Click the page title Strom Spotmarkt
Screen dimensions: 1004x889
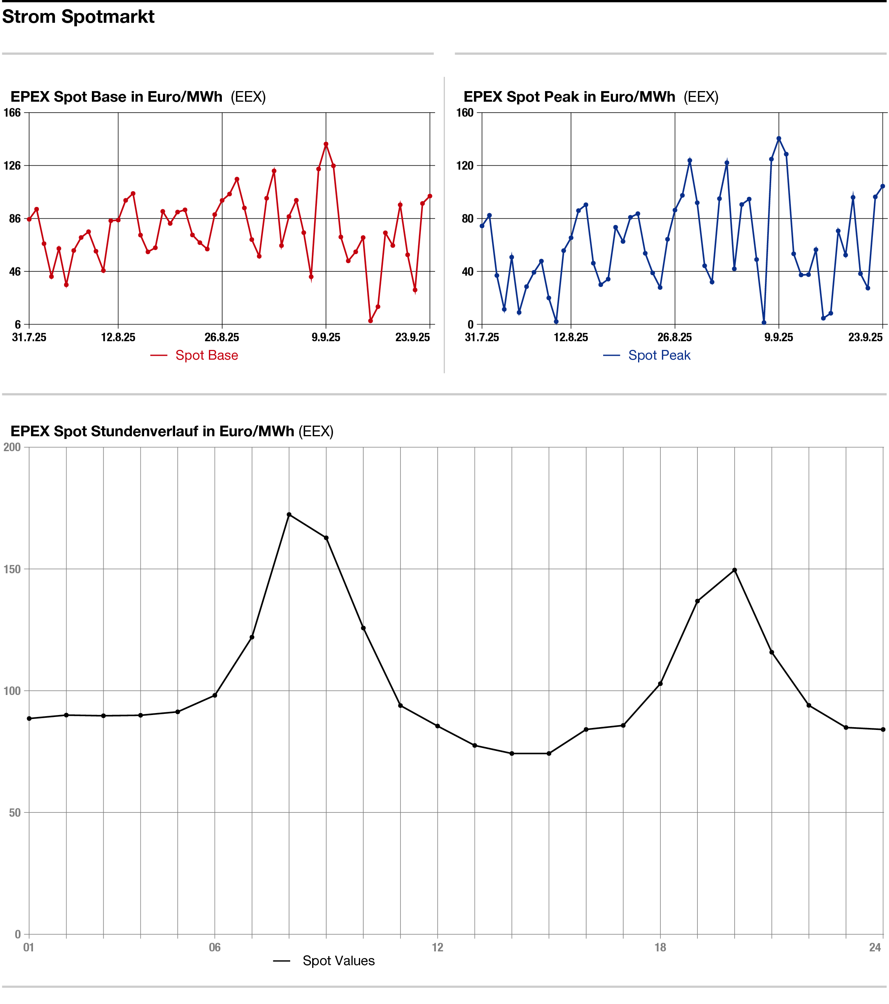[x=78, y=17]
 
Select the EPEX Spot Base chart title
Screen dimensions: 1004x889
[x=116, y=97]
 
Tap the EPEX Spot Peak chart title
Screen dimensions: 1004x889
[x=569, y=97]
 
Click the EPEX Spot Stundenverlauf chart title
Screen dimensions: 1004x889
[x=152, y=431]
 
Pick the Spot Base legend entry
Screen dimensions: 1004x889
[x=206, y=355]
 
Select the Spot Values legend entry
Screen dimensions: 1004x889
[x=338, y=961]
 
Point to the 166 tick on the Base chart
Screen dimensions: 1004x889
[x=12, y=112]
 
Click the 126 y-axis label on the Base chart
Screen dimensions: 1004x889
[x=12, y=166]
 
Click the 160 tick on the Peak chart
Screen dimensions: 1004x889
[x=465, y=112]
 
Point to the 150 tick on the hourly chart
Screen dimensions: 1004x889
[x=12, y=569]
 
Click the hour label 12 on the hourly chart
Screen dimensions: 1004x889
[x=437, y=947]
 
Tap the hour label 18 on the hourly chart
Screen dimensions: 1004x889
[x=660, y=947]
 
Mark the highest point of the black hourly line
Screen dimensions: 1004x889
[x=289, y=515]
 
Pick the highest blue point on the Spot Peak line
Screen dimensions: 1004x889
[x=779, y=139]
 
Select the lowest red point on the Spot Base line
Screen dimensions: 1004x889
[x=370, y=321]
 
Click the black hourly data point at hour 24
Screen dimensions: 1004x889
[x=883, y=730]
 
